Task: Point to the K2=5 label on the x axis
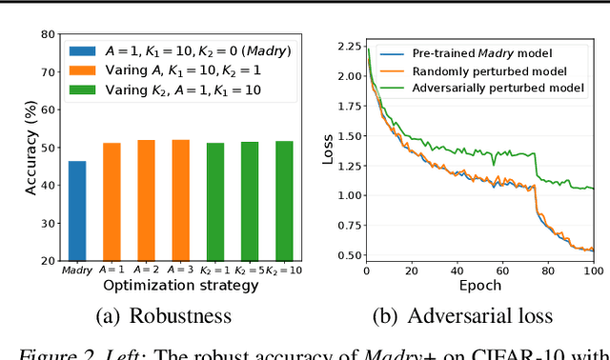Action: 250,270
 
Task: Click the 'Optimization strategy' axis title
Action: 179,285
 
